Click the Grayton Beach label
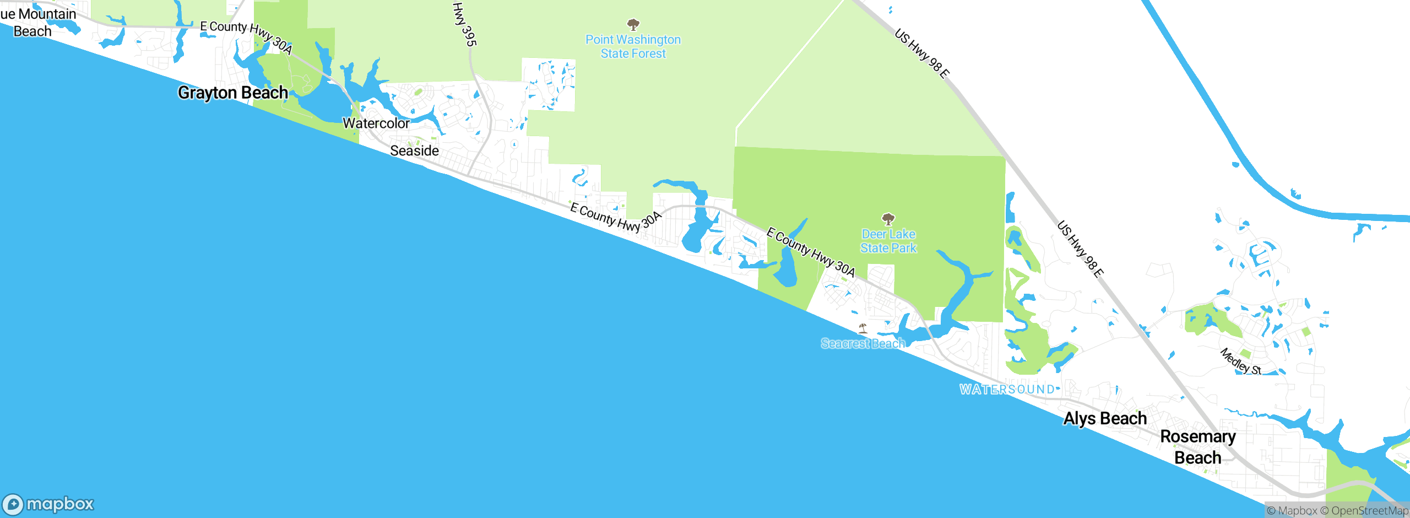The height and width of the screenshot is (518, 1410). pyautogui.click(x=232, y=93)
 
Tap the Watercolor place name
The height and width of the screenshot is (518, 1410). pyautogui.click(x=376, y=123)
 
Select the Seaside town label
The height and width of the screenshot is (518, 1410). pyautogui.click(x=414, y=150)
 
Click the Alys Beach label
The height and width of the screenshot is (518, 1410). pyautogui.click(x=1105, y=418)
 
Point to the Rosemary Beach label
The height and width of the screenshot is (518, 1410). pyautogui.click(x=1198, y=447)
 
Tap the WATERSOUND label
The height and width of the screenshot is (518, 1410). pyautogui.click(x=1007, y=389)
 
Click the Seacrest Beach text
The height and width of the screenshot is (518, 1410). pyautogui.click(x=863, y=343)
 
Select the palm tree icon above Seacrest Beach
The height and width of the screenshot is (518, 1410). pyautogui.click(x=863, y=329)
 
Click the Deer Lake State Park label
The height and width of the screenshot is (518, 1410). pyautogui.click(x=888, y=241)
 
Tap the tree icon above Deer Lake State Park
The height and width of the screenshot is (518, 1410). pyautogui.click(x=888, y=219)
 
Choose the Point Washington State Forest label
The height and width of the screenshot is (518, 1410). pyautogui.click(x=633, y=47)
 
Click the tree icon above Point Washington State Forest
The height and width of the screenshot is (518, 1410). pyautogui.click(x=633, y=25)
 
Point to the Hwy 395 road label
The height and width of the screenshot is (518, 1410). pyautogui.click(x=464, y=24)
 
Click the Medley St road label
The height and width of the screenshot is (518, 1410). pyautogui.click(x=1240, y=361)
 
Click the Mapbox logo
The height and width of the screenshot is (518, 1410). pyautogui.click(x=48, y=504)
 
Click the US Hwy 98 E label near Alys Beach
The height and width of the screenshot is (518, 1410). pyautogui.click(x=1080, y=249)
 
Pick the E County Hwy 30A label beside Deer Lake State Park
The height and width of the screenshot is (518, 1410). pyautogui.click(x=811, y=252)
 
